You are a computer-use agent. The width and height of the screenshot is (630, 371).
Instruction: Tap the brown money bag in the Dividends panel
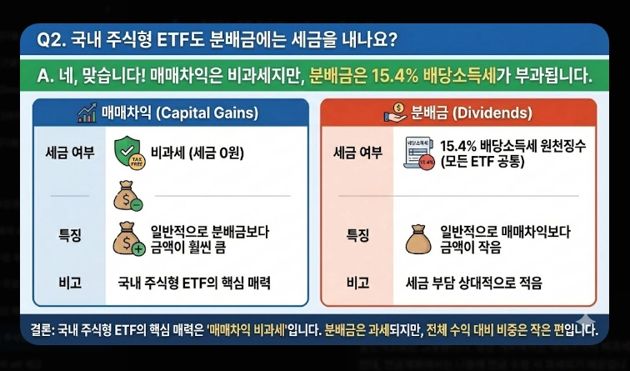[x=419, y=238]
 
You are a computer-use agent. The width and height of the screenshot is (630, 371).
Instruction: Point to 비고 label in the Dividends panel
[x=357, y=283]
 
